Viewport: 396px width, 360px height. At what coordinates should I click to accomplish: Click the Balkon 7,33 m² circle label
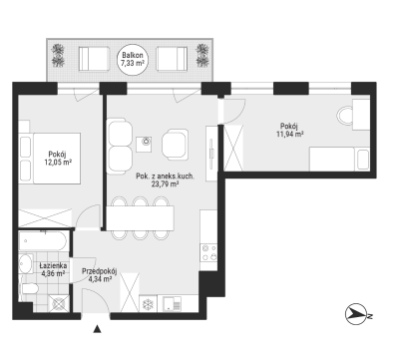click(133, 59)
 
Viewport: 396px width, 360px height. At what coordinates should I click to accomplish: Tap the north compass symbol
click(357, 314)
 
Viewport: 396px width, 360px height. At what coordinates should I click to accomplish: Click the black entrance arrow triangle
click(97, 329)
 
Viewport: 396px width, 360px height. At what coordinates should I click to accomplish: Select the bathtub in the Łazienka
click(44, 241)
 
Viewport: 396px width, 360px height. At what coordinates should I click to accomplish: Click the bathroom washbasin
click(25, 263)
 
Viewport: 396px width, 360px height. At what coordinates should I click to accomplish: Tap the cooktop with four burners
click(209, 252)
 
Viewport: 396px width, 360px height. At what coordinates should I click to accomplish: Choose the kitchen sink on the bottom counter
click(172, 304)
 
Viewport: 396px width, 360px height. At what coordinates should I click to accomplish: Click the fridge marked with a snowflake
click(147, 304)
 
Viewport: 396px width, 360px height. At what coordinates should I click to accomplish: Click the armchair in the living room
click(175, 144)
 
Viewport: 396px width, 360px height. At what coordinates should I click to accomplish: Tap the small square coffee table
click(145, 144)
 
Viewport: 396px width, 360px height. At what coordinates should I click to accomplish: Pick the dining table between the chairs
click(140, 218)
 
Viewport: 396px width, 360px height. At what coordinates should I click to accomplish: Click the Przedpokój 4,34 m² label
click(100, 275)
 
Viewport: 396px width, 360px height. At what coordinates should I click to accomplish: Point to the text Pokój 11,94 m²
click(289, 130)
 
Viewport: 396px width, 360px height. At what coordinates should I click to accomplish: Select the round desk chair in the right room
click(344, 116)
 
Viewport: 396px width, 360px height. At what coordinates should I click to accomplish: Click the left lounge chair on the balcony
click(94, 59)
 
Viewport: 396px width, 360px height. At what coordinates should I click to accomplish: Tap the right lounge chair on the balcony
click(172, 59)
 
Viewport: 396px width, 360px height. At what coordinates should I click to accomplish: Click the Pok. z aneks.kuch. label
click(165, 177)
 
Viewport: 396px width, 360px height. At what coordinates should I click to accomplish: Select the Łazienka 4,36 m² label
click(53, 269)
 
